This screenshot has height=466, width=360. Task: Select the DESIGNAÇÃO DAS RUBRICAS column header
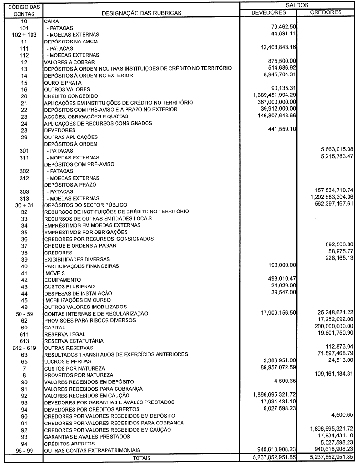point(141,13)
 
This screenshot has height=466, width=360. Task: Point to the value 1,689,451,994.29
point(270,95)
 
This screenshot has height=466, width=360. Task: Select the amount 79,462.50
point(284,28)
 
